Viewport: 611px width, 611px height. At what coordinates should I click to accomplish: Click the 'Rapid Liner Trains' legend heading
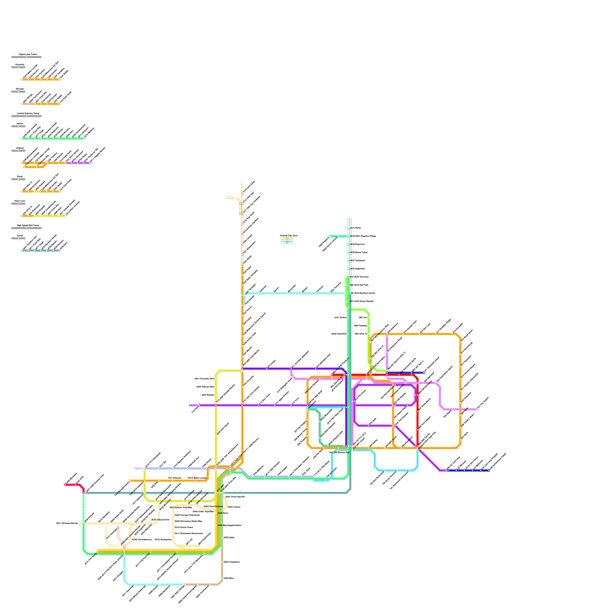tap(28, 54)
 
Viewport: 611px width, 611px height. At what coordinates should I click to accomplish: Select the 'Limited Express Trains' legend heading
tap(28, 113)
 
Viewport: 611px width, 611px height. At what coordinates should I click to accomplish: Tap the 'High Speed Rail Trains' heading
tap(28, 225)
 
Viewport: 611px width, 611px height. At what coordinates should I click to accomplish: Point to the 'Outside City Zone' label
tap(288, 236)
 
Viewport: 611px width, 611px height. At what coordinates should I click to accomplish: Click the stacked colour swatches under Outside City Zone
tap(287, 240)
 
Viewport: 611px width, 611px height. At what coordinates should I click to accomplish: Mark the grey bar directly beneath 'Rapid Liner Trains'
tap(26, 57)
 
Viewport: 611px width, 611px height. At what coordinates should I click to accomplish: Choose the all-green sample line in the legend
tap(53, 138)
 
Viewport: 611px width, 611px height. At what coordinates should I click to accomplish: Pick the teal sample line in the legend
tap(40, 251)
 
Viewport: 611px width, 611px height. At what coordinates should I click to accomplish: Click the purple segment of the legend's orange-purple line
tap(78, 163)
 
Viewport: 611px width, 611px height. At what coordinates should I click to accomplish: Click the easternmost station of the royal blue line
tap(489, 470)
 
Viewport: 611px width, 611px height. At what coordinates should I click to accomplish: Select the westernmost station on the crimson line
tap(65, 485)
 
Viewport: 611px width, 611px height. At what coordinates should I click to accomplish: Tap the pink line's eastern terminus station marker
tap(477, 409)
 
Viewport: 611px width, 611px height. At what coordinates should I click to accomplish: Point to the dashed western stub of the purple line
tap(194, 405)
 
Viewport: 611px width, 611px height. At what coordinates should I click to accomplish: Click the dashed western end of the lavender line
tap(139, 469)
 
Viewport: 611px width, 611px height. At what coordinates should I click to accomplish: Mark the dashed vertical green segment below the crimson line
tap(84, 508)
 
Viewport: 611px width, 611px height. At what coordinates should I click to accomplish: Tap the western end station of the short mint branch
tap(330, 236)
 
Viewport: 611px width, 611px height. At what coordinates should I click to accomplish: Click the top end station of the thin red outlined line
tap(118, 527)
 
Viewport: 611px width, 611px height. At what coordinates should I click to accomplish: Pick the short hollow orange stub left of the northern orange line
tap(230, 197)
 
